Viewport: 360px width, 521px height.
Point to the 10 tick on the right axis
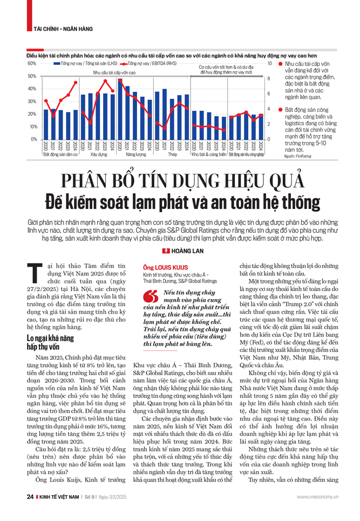pos(271,64)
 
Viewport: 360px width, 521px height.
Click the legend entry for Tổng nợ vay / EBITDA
pos(151,64)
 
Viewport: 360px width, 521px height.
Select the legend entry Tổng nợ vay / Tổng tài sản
pos(86,64)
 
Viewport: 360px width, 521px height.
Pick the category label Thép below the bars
pos(173,154)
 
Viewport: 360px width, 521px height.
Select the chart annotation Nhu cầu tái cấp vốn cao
pos(114,72)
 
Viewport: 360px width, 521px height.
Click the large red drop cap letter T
pos(33,274)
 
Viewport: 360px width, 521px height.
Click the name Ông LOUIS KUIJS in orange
pos(165,266)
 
